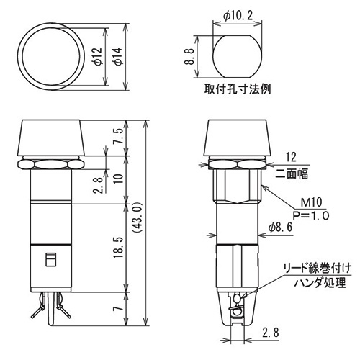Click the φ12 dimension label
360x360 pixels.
[98, 56]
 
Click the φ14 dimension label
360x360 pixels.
[118, 56]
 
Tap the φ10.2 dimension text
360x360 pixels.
[238, 16]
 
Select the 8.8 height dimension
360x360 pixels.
[189, 56]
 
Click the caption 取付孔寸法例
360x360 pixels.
[238, 89]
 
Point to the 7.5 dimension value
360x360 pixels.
[118, 136]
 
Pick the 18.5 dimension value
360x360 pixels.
[118, 248]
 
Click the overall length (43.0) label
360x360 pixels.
[138, 217]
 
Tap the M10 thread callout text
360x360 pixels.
[311, 202]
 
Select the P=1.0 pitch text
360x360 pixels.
[311, 215]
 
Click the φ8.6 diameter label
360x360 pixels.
[280, 227]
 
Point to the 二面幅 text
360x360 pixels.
[292, 174]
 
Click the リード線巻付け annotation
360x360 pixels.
[318, 269]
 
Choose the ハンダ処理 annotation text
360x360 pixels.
[320, 283]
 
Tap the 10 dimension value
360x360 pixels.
[118, 179]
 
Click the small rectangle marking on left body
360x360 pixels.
[51, 259]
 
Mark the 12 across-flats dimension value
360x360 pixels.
[291, 158]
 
